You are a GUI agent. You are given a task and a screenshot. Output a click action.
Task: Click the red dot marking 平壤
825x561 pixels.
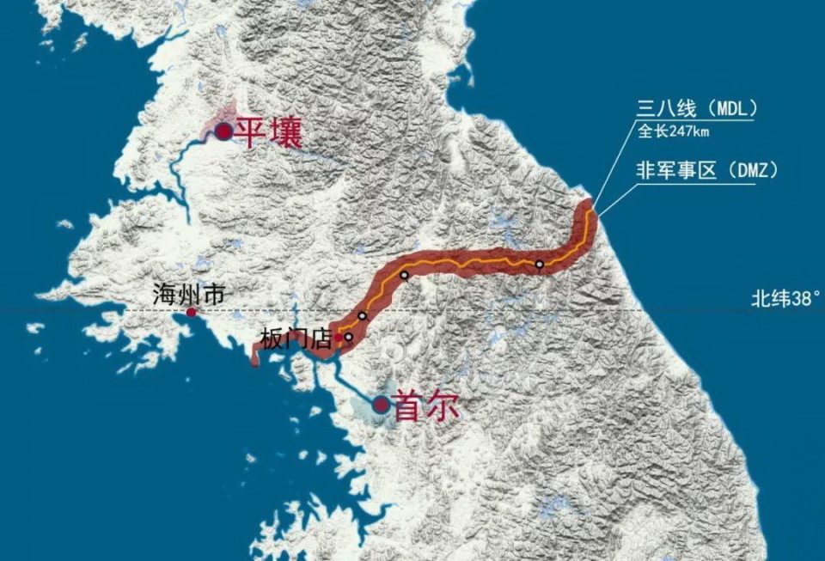[223, 131]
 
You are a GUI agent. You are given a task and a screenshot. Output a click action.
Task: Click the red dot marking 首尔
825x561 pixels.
[381, 404]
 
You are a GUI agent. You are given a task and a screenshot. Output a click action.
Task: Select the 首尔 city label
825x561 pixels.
[425, 406]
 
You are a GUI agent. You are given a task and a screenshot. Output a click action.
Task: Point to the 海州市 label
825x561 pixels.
[188, 295]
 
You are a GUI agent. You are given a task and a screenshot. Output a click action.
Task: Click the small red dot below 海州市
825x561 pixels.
[191, 313]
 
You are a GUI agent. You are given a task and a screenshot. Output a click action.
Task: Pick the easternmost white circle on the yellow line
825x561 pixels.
[539, 264]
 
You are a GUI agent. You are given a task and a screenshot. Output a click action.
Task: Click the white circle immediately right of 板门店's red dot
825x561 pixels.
[349, 337]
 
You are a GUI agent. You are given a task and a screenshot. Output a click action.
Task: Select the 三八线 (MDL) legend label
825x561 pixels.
[696, 110]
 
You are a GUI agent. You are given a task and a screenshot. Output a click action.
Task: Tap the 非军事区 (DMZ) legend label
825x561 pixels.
[707, 170]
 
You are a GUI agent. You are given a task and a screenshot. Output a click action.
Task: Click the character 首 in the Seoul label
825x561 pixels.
[407, 406]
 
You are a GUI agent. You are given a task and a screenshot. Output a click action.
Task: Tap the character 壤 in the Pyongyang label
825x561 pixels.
[285, 132]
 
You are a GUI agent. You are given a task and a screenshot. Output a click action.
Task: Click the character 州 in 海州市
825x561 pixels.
[188, 295]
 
